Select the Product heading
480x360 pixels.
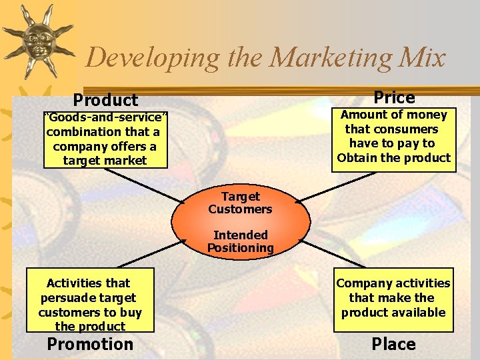[x=105, y=100]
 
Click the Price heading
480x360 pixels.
[x=394, y=97]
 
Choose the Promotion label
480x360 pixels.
[x=90, y=344]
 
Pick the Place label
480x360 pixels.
[x=393, y=344]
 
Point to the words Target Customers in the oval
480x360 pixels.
[x=240, y=203]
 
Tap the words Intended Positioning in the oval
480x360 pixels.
[x=240, y=241]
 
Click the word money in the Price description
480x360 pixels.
[x=427, y=115]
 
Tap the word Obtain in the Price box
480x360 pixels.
[x=357, y=158]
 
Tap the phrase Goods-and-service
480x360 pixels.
[x=105, y=118]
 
